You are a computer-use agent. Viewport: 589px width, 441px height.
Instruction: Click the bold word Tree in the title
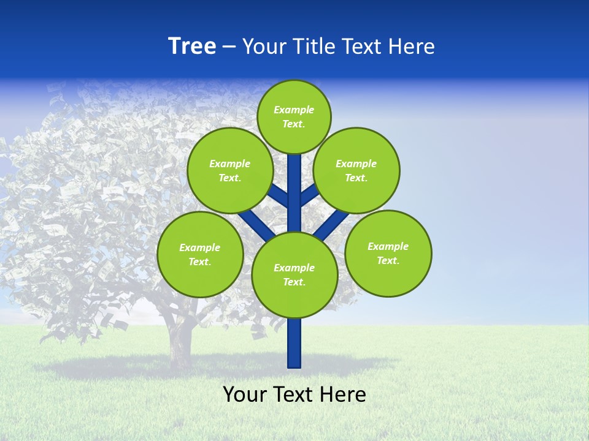pos(192,47)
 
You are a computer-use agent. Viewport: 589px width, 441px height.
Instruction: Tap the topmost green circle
pos(294,116)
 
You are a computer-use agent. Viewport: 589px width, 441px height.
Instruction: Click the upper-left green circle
pos(230,170)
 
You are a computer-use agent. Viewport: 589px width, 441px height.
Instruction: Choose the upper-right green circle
pos(356,170)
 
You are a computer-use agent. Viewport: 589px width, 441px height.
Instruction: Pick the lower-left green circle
pos(200,254)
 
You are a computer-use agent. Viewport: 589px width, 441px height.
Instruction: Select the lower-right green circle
pos(388,253)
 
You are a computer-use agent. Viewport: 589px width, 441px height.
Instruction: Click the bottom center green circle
pos(294,274)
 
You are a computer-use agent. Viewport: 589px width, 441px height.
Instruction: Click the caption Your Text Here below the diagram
pos(294,394)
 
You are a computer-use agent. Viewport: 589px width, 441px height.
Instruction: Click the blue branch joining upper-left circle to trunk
pos(279,195)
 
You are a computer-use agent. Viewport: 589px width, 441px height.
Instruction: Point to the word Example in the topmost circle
pos(294,110)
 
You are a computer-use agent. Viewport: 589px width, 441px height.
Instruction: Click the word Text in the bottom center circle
pos(294,282)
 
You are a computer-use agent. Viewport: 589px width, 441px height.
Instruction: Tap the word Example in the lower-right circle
pos(388,246)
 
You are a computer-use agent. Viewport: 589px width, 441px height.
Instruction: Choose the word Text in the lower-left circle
pos(199,262)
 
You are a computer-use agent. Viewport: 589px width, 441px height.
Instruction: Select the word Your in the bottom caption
pos(245,394)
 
